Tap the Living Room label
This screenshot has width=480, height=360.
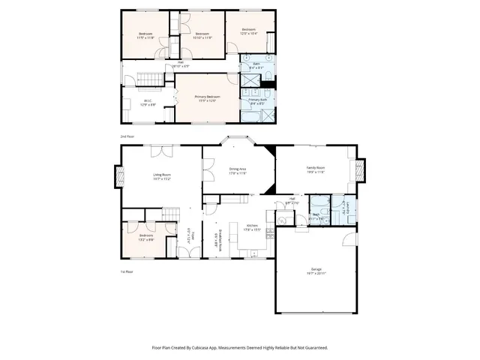(x=162, y=177)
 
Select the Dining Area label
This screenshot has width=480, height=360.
(x=238, y=171)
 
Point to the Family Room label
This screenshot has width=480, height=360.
(x=315, y=169)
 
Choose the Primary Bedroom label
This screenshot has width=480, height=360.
(x=207, y=98)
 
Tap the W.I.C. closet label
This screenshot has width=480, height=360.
(x=148, y=103)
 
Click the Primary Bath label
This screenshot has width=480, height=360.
(x=258, y=101)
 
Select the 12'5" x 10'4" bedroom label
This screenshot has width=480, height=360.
(x=248, y=31)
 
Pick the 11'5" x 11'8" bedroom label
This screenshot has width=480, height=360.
(x=145, y=35)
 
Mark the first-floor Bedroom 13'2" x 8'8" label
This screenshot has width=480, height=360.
(x=145, y=238)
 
